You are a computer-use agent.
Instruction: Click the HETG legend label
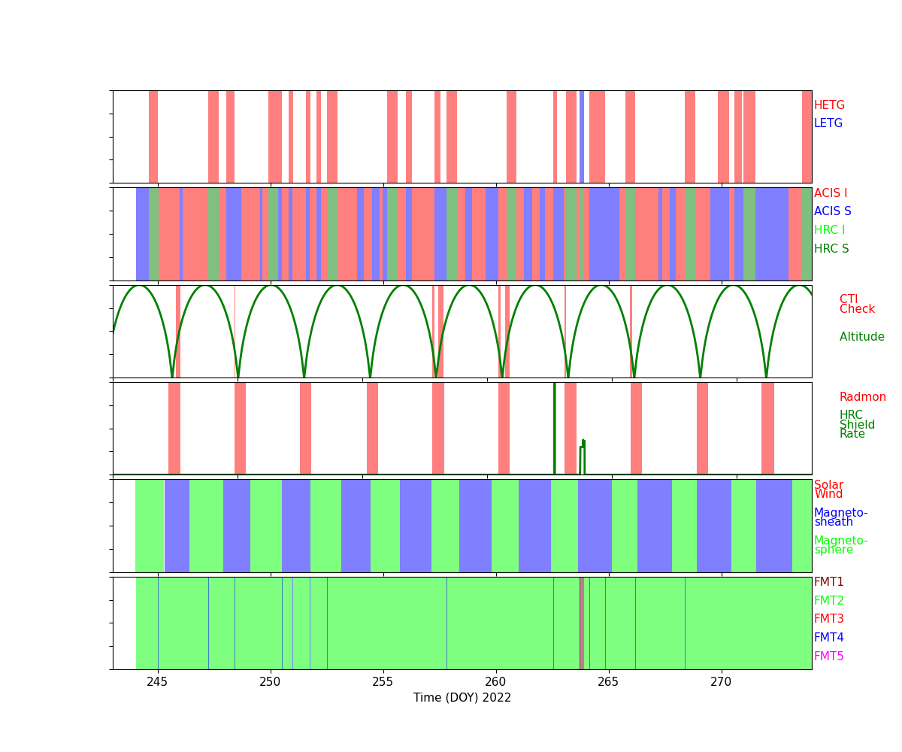pos(829,105)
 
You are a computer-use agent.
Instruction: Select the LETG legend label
pos(828,123)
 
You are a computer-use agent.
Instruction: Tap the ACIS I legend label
pos(831,193)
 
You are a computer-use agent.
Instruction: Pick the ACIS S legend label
pos(832,211)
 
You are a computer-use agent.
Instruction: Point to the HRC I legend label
pos(829,230)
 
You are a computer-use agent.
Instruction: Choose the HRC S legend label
pos(831,249)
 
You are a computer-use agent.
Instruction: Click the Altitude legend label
pos(861,337)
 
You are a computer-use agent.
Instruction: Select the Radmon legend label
pos(862,397)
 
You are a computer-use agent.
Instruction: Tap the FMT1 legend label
pos(829,582)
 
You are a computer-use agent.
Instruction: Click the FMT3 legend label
pos(829,619)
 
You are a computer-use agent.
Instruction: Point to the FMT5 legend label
pos(829,656)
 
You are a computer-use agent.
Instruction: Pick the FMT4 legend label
pos(829,638)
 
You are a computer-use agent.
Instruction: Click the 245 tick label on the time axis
pos(158,681)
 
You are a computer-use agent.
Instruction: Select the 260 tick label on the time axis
pos(496,681)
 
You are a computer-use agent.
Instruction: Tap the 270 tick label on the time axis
pos(722,681)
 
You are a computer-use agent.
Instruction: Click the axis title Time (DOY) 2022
pos(462,698)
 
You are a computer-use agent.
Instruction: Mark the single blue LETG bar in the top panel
pos(582,137)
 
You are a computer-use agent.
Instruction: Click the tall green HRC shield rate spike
pos(555,429)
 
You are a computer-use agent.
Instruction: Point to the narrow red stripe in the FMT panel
pos(582,623)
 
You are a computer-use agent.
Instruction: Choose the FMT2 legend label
pos(829,601)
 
